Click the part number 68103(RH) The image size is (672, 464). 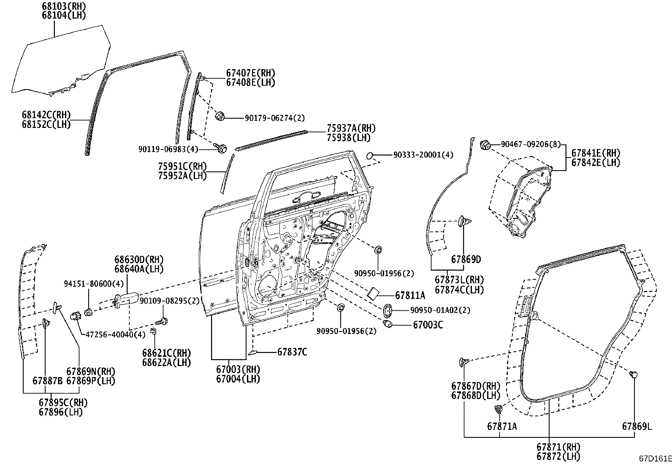coord(64,6)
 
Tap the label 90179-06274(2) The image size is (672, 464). coord(274,118)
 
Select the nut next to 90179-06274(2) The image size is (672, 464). coord(220,116)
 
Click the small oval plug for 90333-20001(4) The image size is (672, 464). coord(370,155)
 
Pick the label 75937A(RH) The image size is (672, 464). coord(351,128)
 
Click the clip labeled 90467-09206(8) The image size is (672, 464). coord(485,145)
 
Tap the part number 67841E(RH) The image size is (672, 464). coord(596,153)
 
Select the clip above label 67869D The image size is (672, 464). coord(464,222)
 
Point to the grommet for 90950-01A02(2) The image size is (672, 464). coord(388,311)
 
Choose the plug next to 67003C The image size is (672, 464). coord(388,324)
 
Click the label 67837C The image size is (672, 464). coord(292,352)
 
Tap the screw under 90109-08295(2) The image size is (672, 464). coord(161,322)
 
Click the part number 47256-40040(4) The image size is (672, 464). coord(115,334)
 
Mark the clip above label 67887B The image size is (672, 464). coord(46,323)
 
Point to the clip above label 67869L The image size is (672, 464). coord(633,374)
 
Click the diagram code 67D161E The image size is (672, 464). coord(655,459)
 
